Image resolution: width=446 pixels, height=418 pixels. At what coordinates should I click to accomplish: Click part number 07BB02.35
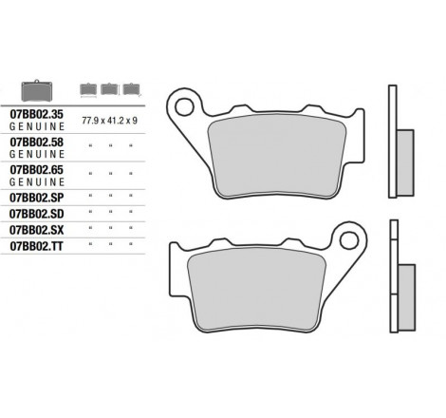click(37, 114)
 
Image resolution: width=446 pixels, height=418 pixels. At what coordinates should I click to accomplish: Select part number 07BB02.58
click(37, 142)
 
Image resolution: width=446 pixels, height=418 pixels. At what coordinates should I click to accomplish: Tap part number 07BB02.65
click(37, 170)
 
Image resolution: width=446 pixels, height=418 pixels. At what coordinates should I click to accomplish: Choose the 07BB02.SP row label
click(37, 198)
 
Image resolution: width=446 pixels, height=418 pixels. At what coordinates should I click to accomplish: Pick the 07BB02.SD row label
click(37, 214)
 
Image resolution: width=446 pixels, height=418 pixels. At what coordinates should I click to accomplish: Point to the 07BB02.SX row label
click(37, 230)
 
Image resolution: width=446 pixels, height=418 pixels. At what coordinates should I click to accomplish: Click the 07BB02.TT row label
click(37, 246)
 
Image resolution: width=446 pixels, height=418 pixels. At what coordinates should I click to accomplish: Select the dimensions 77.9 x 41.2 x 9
click(109, 121)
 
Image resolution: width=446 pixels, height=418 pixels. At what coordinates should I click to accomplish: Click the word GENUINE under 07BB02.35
click(37, 126)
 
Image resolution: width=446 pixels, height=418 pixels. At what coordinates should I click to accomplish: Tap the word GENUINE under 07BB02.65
click(37, 182)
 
